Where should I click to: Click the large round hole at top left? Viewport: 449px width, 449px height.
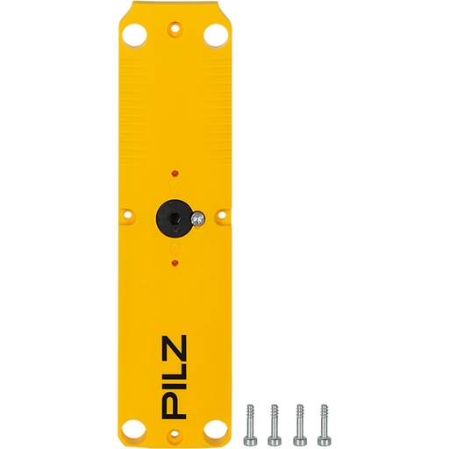tap(135, 34)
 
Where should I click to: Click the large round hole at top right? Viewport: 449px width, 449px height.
tap(214, 34)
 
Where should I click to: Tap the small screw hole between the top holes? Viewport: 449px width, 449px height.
tap(175, 27)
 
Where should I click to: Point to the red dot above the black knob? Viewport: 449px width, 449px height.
tap(175, 171)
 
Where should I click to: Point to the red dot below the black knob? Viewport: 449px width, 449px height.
tap(175, 262)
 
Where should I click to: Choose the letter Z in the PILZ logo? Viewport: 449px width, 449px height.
tap(175, 344)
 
